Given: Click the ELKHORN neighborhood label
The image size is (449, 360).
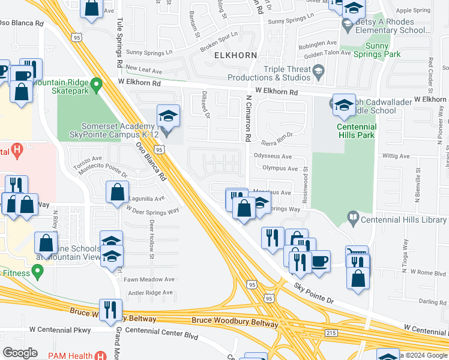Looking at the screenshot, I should (235, 55).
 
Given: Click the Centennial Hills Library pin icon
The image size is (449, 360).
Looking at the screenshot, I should (353, 220).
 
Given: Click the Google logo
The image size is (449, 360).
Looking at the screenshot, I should (20, 353).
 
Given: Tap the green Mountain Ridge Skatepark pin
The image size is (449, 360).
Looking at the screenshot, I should (96, 84).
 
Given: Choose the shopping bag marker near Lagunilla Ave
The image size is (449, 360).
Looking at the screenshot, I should (118, 192).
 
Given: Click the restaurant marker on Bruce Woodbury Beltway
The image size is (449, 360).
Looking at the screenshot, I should (110, 309).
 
